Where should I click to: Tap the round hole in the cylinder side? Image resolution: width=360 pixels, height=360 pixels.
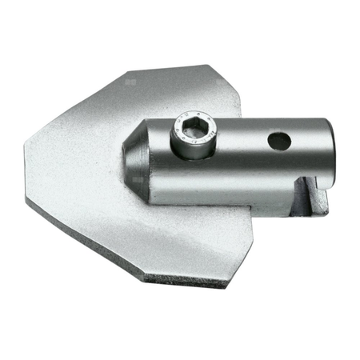(279, 142)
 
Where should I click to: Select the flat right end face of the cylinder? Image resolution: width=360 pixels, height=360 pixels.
(326, 152)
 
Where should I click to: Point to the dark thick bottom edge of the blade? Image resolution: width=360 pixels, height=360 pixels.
(184, 280)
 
